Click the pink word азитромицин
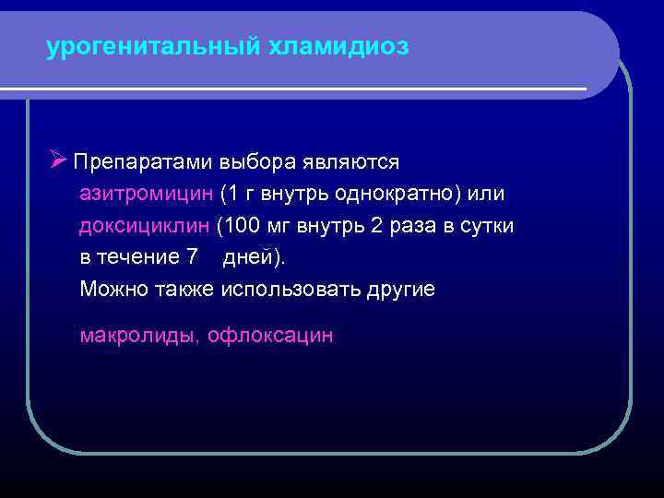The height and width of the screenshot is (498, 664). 147,195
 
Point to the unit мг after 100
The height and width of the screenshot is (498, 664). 277,226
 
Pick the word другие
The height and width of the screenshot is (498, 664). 402,289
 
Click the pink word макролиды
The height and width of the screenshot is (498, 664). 138,336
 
